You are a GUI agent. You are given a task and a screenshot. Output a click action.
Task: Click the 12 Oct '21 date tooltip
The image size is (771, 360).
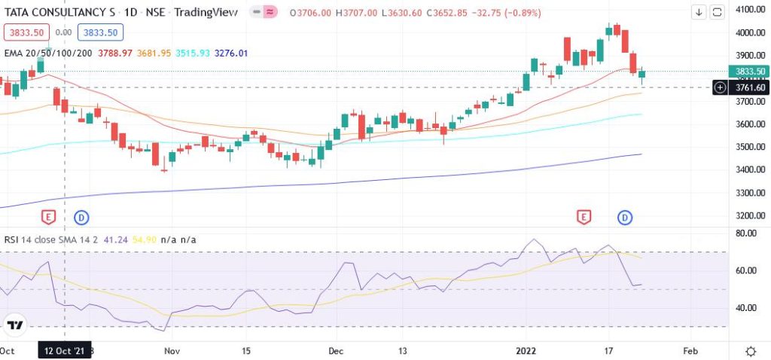65,351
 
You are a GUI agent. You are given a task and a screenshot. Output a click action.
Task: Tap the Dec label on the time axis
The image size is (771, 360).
337,351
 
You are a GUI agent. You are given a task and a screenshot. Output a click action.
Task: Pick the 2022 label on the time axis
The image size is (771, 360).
526,351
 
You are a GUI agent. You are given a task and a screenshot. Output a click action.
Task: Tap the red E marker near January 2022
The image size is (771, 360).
584,218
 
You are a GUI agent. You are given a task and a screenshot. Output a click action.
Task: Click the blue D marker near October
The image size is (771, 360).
81,218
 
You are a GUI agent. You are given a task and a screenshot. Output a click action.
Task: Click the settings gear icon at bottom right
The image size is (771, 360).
750,352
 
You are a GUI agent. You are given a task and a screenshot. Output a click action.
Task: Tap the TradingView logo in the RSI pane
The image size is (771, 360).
15,325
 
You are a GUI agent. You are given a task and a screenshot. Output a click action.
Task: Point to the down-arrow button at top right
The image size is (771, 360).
699,12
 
